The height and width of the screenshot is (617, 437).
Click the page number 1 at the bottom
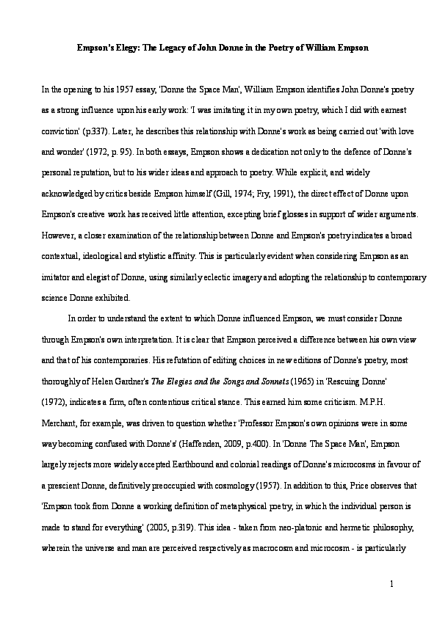[392, 584]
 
